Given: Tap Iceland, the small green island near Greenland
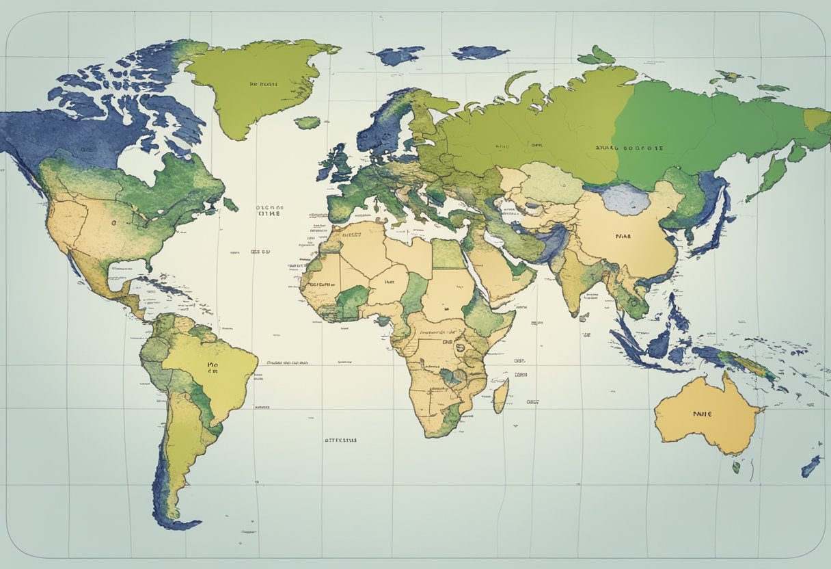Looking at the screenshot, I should click(x=308, y=123).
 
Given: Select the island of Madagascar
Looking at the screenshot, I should click(x=501, y=395).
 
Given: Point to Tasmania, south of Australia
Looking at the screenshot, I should click(x=736, y=467).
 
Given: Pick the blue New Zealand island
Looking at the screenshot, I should click(x=811, y=466).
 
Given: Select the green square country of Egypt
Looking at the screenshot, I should click(x=448, y=253).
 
